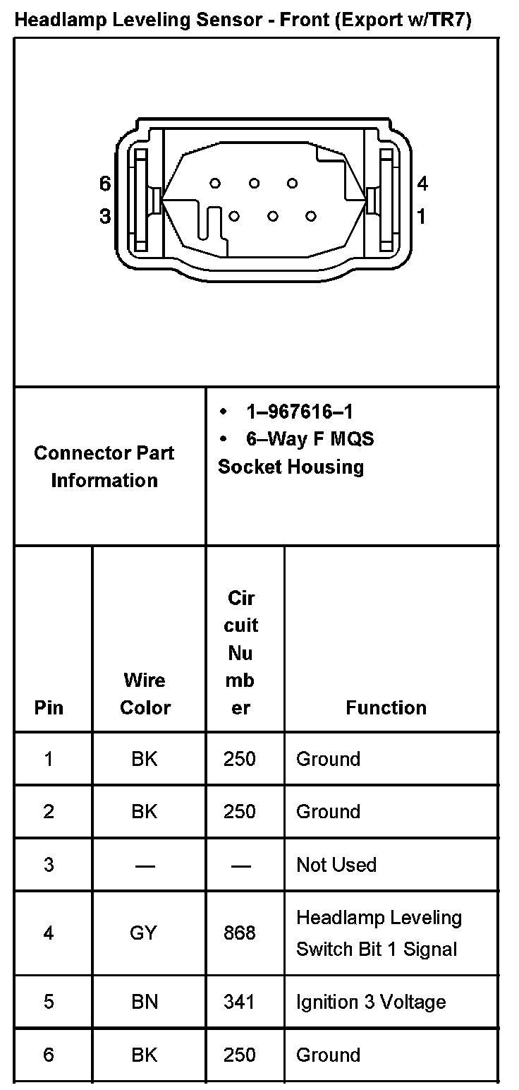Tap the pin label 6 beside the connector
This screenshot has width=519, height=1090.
[x=105, y=184]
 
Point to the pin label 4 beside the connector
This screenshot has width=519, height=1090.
[x=422, y=184]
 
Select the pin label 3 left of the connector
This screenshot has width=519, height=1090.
[x=105, y=217]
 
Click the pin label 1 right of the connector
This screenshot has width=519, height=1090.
[x=422, y=217]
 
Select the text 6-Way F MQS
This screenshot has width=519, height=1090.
[x=310, y=439]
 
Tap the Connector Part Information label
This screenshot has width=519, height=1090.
[x=104, y=467]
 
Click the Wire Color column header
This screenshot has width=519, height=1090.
[x=145, y=694]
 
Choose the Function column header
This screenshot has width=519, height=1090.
[x=386, y=708]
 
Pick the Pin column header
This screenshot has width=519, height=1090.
[x=49, y=708]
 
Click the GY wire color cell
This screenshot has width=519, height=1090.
[x=144, y=933]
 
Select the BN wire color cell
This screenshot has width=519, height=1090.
[x=145, y=1002]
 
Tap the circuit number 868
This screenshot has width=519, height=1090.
[x=240, y=933]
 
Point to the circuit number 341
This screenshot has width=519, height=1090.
[x=240, y=1002]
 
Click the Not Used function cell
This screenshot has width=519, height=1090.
[x=336, y=865]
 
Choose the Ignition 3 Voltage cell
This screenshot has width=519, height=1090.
[x=371, y=1002]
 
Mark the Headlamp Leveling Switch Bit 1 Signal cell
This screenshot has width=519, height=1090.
[x=379, y=933]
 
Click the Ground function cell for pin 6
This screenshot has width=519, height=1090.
[x=328, y=1055]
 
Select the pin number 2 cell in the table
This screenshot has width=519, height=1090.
[x=48, y=812]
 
